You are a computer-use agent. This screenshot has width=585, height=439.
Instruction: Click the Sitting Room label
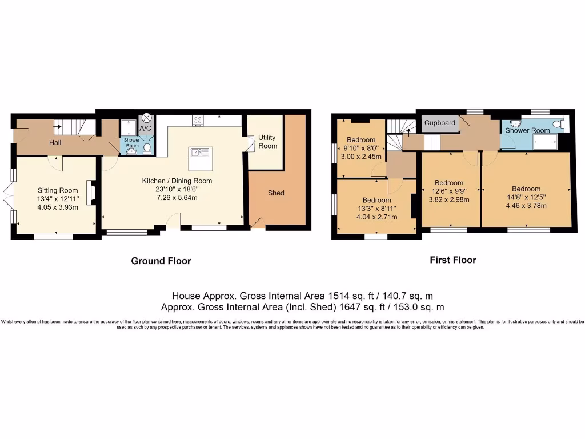(x=57, y=190)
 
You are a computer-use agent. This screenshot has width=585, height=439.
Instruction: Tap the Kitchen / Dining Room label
(x=177, y=181)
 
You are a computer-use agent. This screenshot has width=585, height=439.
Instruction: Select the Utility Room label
(x=267, y=142)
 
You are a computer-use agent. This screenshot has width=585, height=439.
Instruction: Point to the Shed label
(x=276, y=193)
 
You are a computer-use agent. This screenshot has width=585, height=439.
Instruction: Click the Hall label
(x=55, y=142)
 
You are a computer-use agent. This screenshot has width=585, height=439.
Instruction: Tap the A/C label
(x=145, y=129)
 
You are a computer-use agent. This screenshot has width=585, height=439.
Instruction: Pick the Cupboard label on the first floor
(x=440, y=123)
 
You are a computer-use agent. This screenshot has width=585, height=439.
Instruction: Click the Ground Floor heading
(x=161, y=261)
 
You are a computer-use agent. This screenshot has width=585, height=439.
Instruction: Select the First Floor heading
(x=452, y=260)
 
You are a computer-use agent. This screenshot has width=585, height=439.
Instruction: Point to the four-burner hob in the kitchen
(x=198, y=120)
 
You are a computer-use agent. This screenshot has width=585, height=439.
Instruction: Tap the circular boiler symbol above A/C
(x=147, y=118)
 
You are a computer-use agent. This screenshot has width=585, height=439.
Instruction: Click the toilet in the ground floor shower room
(x=147, y=149)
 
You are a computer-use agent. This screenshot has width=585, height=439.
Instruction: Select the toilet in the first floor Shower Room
(x=558, y=124)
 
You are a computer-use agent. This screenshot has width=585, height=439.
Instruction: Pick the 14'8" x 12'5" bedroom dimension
(x=526, y=198)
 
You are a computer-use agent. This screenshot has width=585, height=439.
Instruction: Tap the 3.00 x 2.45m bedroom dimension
(x=360, y=157)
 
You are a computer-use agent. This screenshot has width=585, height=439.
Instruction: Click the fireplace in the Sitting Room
(x=90, y=190)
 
